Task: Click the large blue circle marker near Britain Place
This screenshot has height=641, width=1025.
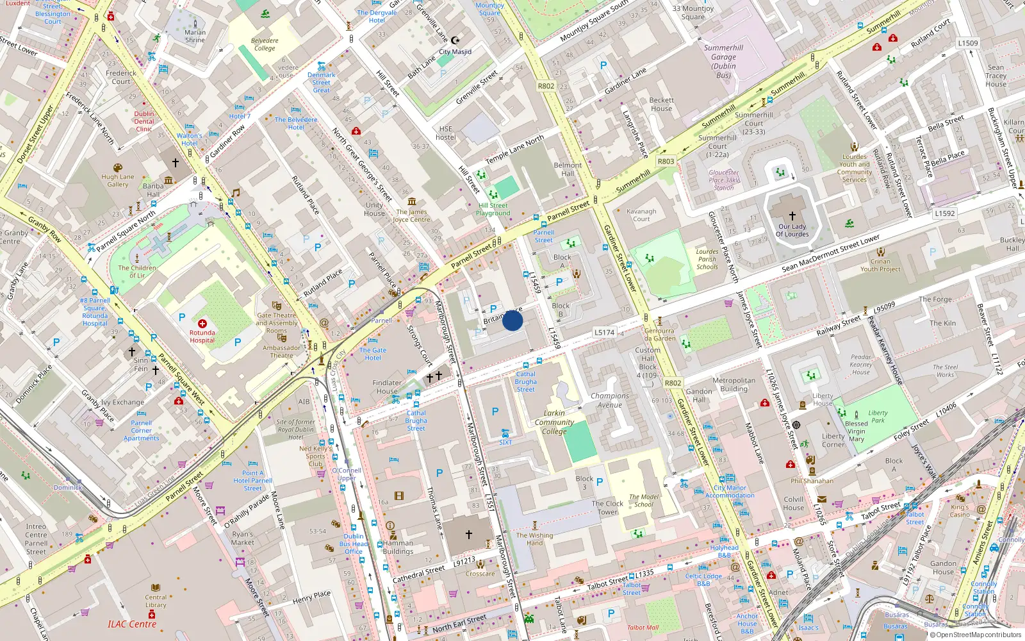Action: point(512,320)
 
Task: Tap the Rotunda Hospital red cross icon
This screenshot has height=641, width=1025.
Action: point(202,324)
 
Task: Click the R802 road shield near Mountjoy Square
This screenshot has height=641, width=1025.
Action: point(546,86)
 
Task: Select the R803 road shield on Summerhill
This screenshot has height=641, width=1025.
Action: point(666,162)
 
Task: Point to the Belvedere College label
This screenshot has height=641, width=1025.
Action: point(265,44)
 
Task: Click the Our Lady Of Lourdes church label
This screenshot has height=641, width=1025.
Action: point(792,230)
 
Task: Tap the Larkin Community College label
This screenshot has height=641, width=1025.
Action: point(554,422)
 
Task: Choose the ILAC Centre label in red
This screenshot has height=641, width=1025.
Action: point(132,624)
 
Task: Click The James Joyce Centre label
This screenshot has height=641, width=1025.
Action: point(411,216)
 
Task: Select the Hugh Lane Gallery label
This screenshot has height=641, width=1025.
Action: point(118,181)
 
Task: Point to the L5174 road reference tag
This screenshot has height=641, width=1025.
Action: point(604,332)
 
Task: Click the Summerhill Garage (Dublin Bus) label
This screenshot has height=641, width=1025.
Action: point(723,62)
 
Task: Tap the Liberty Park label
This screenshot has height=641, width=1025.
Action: point(878,417)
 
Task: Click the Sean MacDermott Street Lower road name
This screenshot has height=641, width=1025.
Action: point(830,253)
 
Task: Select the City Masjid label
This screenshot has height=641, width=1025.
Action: point(455,52)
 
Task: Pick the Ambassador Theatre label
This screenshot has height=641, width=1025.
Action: point(281,352)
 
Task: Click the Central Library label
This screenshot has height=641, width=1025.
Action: point(156,601)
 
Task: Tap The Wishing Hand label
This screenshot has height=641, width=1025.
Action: point(534,539)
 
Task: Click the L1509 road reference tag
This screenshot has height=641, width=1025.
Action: point(968,43)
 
